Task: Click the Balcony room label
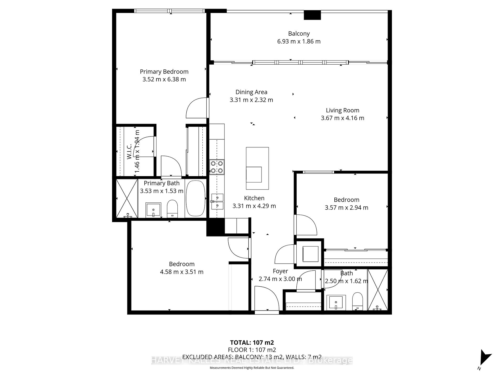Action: (x=299, y=34)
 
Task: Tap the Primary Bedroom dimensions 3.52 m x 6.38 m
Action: (x=164, y=79)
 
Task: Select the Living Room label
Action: (x=342, y=110)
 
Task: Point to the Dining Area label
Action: (x=251, y=92)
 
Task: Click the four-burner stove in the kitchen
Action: (x=217, y=167)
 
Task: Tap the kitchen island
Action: (x=257, y=168)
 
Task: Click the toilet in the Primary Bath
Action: (x=172, y=209)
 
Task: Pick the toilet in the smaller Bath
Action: (x=357, y=301)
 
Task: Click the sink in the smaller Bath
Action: (x=336, y=303)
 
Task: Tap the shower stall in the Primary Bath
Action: (x=127, y=198)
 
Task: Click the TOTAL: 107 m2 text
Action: (x=252, y=342)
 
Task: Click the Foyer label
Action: (x=280, y=271)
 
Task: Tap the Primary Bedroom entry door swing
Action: (x=196, y=108)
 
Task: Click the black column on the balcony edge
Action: (x=312, y=15)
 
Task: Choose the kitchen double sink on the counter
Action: (x=217, y=201)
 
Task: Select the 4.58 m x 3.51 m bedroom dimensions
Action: (x=182, y=272)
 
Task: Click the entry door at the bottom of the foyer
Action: (x=266, y=300)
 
